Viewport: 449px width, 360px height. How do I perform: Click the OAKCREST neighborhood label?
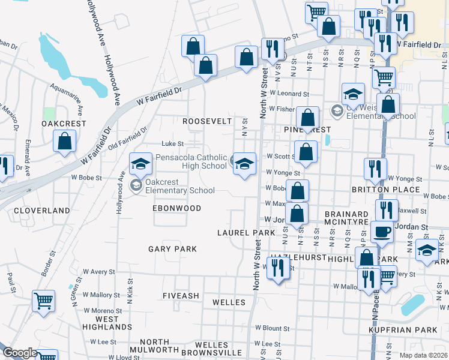[x=64, y=124]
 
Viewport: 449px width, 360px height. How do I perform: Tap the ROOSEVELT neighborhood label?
[x=207, y=121]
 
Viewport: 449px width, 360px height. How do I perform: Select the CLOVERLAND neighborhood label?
[x=42, y=211]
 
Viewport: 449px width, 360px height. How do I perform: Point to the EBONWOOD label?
[x=176, y=208]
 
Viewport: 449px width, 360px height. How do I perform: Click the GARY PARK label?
[x=172, y=248]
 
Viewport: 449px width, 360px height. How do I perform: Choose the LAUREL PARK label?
[x=246, y=232]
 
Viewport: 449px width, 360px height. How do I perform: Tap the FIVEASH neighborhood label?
[x=181, y=296]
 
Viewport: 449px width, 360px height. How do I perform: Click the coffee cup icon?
[x=382, y=231]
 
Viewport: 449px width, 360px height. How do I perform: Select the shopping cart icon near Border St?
[x=43, y=300]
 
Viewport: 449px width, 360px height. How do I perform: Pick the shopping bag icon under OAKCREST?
[x=64, y=142]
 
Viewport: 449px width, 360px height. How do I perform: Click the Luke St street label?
[x=173, y=143]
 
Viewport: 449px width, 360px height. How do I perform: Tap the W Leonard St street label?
[x=289, y=94]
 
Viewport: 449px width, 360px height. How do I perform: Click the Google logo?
[x=20, y=353]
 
